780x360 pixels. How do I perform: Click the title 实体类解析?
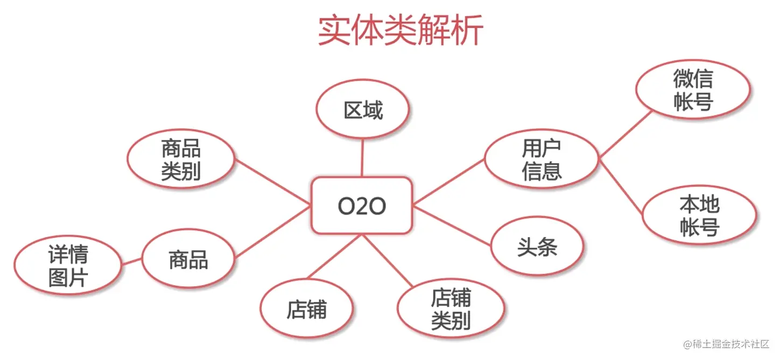click(x=400, y=30)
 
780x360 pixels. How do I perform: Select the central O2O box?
click(x=362, y=206)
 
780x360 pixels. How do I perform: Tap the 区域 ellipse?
click(x=362, y=109)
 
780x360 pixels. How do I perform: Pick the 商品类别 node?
click(x=181, y=159)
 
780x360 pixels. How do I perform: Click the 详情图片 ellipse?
click(x=68, y=265)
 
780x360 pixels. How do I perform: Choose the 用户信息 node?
click(x=542, y=159)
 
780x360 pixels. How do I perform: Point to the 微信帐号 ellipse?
click(x=693, y=89)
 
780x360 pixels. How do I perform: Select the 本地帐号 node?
click(x=700, y=215)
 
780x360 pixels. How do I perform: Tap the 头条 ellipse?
click(x=537, y=246)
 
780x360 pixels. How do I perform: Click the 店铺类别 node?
click(x=451, y=308)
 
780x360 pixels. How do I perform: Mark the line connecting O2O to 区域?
click(x=362, y=158)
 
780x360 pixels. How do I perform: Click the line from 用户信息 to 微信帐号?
click(x=626, y=135)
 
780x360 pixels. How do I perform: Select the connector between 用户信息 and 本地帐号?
click(x=621, y=186)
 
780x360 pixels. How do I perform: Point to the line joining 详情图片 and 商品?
click(x=132, y=262)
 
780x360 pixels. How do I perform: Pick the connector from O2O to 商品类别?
click(x=273, y=181)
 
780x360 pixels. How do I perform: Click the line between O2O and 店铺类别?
click(x=388, y=260)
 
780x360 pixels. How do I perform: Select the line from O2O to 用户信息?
click(x=449, y=181)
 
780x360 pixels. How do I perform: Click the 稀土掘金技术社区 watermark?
click(x=726, y=344)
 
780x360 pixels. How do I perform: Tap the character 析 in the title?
click(x=467, y=30)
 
